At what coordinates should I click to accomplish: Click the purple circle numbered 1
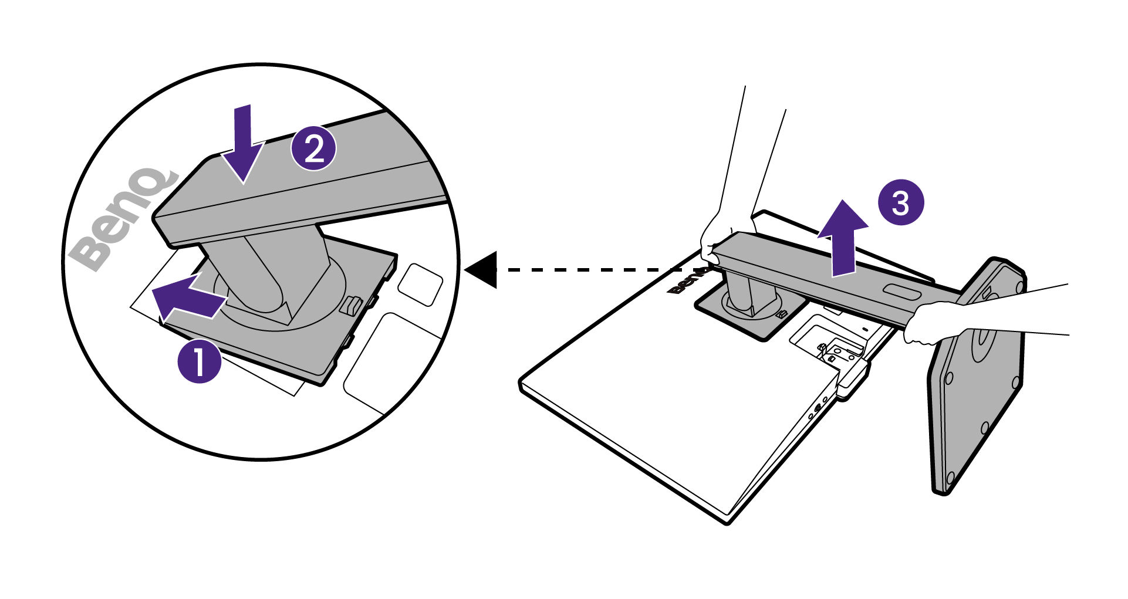200,361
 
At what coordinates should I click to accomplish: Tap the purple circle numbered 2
314,149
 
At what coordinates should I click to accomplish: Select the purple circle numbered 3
900,203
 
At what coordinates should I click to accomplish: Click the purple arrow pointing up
843,238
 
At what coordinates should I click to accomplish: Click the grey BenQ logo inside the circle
120,220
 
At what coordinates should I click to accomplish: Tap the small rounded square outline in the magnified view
420,284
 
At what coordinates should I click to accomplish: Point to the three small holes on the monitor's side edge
818,407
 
